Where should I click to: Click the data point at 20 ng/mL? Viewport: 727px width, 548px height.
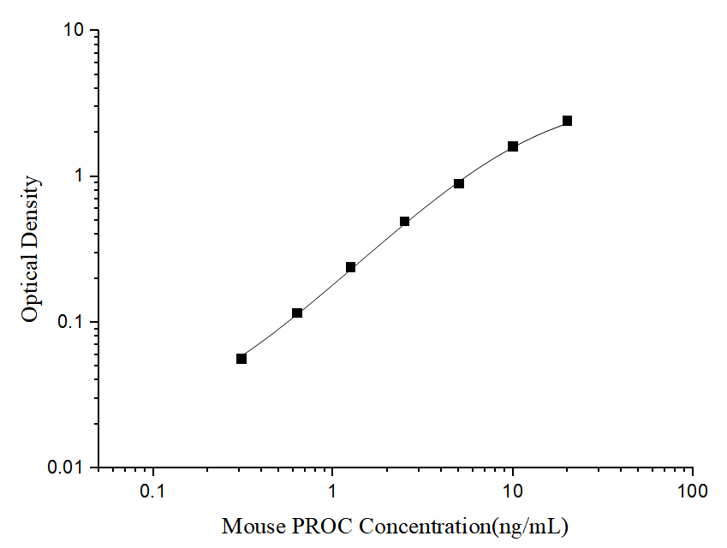click(x=567, y=121)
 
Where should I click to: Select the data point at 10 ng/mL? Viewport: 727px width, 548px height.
click(x=513, y=146)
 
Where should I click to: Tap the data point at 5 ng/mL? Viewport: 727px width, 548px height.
click(x=459, y=184)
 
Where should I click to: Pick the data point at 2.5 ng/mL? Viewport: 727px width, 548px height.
click(x=405, y=222)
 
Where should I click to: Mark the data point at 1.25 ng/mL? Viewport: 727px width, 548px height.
click(x=351, y=267)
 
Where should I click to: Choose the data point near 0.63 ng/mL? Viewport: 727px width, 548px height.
click(x=297, y=313)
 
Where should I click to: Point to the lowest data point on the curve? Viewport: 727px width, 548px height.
click(x=241, y=359)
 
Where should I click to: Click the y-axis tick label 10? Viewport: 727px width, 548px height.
click(x=74, y=31)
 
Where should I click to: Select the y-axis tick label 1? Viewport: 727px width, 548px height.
click(x=83, y=176)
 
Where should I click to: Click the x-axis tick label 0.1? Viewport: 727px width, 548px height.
click(x=153, y=492)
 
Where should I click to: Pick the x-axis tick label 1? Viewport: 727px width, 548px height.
click(x=333, y=492)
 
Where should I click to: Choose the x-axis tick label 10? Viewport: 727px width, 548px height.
click(x=512, y=492)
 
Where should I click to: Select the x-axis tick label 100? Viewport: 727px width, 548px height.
click(x=692, y=492)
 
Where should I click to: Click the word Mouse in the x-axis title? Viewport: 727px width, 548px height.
click(x=248, y=526)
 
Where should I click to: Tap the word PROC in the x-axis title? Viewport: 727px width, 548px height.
click(x=313, y=526)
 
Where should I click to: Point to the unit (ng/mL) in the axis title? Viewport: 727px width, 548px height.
click(x=527, y=526)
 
